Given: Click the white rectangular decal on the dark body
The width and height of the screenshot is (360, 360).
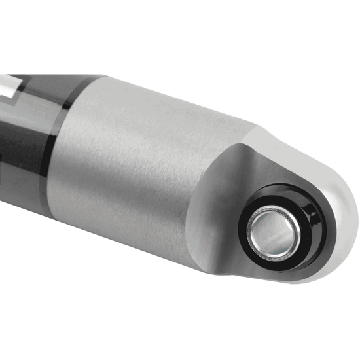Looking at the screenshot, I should (7, 84).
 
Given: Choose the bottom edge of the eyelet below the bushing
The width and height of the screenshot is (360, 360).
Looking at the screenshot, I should (288, 278).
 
